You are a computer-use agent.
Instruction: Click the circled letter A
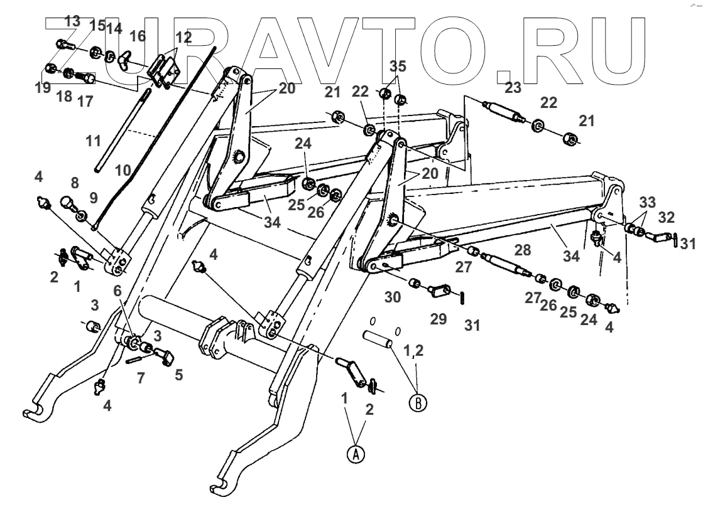point(357,454)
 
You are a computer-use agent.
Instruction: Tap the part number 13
point(73,21)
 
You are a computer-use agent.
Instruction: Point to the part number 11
point(94,142)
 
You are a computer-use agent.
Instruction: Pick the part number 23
point(513,88)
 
